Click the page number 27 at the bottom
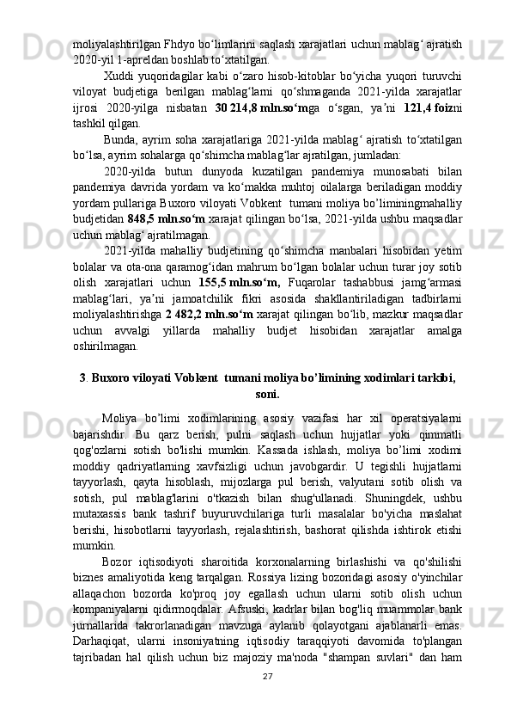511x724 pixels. point(255,702)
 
